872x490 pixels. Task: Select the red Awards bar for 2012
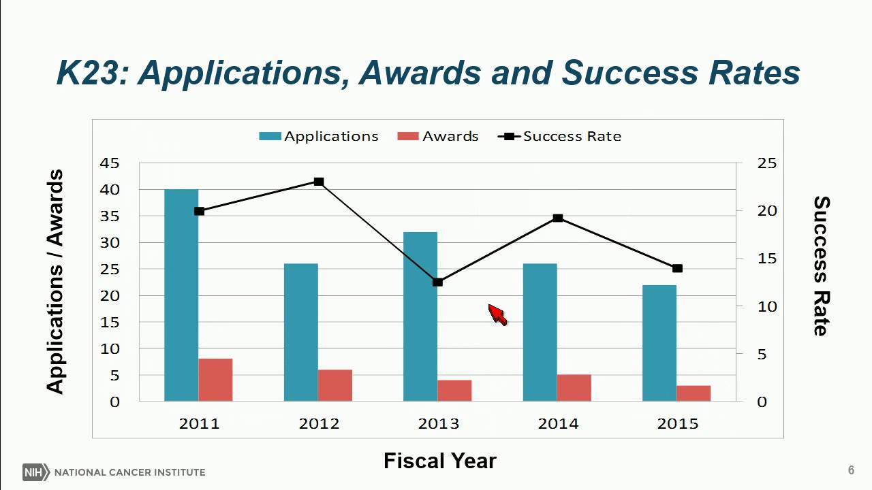click(334, 385)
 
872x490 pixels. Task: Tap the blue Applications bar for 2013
click(420, 316)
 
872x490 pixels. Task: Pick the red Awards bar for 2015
click(694, 393)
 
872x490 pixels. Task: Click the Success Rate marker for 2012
click(319, 182)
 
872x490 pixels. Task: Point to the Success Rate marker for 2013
click(438, 282)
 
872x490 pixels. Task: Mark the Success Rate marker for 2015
click(677, 268)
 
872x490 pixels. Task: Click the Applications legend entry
click(319, 136)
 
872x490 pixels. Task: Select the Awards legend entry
click(438, 136)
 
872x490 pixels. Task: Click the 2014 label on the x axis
click(558, 424)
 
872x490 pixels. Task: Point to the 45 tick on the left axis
click(110, 163)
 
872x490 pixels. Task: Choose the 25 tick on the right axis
click(766, 163)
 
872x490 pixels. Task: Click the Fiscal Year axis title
click(439, 461)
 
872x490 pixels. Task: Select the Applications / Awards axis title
click(55, 281)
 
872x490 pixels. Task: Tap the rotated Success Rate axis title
click(822, 266)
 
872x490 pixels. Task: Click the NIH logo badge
click(33, 472)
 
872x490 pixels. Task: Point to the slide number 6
click(851, 470)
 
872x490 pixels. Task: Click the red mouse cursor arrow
click(497, 315)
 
